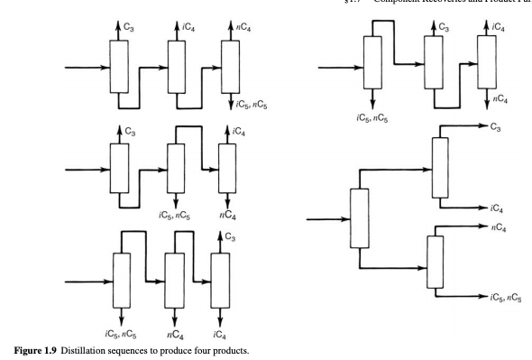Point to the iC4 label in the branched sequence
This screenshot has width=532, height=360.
click(496, 208)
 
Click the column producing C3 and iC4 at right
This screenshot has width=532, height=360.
click(440, 168)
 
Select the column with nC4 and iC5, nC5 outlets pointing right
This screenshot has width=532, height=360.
click(436, 262)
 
